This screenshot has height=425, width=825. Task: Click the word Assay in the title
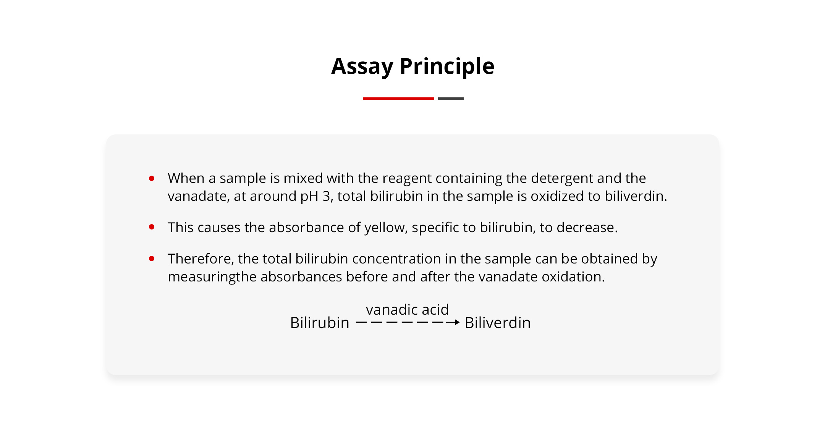coord(362,67)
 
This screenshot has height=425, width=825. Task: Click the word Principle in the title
coord(447,67)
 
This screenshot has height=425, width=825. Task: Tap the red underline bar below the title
coord(398,99)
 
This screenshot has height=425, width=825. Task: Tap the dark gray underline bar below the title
coord(451,99)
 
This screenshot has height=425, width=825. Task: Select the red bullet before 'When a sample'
coord(152,178)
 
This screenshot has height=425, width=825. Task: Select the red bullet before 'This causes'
coord(152,227)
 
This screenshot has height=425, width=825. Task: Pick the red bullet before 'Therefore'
coord(152,259)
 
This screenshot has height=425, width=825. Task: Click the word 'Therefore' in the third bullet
coord(201,259)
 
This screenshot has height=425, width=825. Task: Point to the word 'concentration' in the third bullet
coord(396,259)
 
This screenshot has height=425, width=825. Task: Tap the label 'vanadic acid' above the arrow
coord(407,310)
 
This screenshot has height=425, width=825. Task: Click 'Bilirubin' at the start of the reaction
coord(320,323)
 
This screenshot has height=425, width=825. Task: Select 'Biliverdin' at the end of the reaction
coord(498,323)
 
